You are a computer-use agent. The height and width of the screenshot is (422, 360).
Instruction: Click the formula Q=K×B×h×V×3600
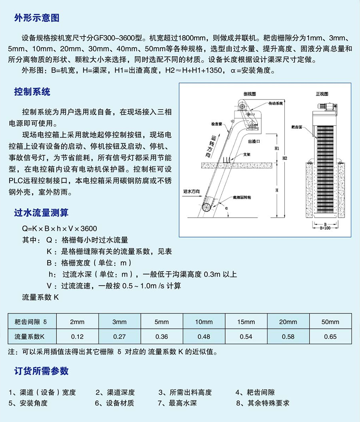point(60,229)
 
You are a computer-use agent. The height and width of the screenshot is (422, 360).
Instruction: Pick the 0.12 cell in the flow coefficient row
point(77,336)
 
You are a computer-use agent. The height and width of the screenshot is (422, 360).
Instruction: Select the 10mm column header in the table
point(204,322)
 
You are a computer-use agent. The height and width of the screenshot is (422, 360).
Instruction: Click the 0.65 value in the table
point(330,336)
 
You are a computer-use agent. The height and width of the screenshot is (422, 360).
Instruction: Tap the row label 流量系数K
point(29,336)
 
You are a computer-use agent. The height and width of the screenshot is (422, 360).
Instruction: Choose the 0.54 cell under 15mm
point(246,336)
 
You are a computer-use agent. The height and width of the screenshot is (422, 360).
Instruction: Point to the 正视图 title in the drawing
point(322,94)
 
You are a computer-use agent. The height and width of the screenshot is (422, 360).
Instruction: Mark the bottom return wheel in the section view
point(207,208)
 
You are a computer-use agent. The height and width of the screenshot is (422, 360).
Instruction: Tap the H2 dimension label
point(284,158)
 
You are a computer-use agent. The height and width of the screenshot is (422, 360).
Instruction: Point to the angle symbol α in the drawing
point(226,209)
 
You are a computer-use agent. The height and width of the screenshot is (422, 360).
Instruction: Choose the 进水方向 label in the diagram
point(192,191)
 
